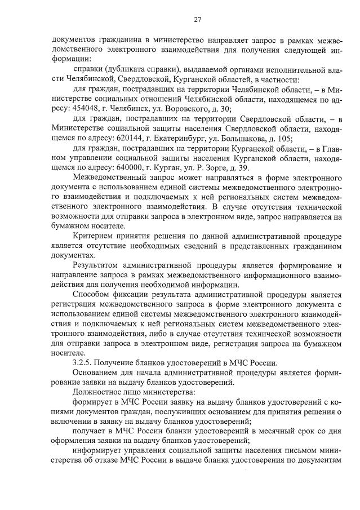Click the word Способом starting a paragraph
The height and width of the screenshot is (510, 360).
point(94,294)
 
